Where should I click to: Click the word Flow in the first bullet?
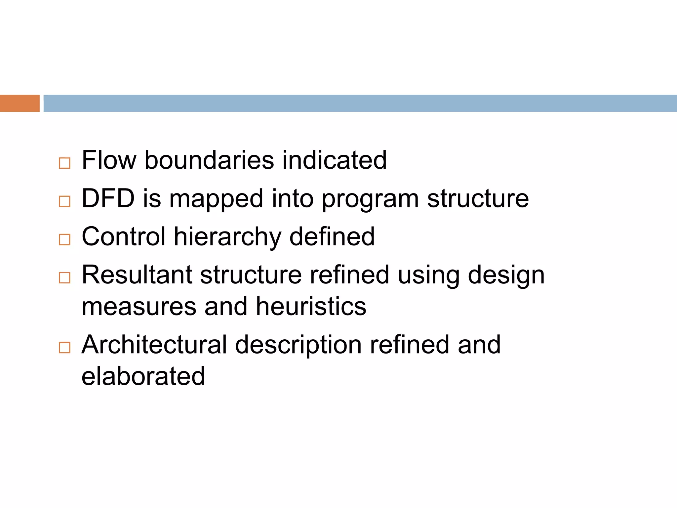(x=109, y=160)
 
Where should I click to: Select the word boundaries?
(x=209, y=160)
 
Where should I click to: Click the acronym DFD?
(x=108, y=198)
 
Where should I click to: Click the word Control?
(x=124, y=236)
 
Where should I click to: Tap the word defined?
(x=332, y=236)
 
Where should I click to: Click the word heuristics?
(x=311, y=306)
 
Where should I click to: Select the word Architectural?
(x=154, y=345)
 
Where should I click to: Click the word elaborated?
(x=143, y=376)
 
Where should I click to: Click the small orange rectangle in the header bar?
(x=20, y=103)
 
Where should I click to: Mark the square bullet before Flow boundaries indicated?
(x=64, y=163)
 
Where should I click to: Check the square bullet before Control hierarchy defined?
(x=64, y=239)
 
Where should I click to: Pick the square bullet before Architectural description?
(x=64, y=348)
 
